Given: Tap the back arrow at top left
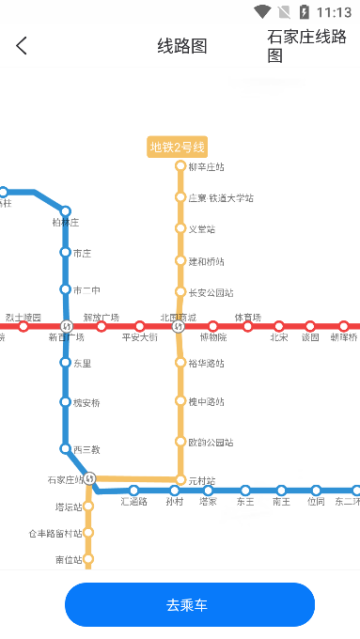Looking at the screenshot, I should tap(22, 45).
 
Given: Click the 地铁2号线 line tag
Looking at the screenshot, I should tap(178, 147).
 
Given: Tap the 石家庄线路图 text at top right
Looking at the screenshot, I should tap(307, 45).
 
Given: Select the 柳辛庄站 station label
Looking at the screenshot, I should tap(206, 167).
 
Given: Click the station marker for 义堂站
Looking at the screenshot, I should tap(180, 228).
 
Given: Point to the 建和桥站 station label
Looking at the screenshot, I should tap(206, 261).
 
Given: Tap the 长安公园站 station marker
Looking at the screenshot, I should tap(180, 292).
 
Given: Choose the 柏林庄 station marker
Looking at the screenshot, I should tap(66, 211).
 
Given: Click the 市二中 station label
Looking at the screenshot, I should tap(86, 289).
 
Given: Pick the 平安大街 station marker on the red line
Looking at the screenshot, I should tap(140, 327).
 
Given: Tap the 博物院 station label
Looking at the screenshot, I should tap(213, 337).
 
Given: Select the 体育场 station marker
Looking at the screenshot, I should tap(247, 327).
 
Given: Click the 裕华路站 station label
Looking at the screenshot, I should tap(206, 363).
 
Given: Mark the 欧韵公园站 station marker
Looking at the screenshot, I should tap(180, 442).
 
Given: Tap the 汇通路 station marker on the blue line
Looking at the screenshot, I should tap(134, 491).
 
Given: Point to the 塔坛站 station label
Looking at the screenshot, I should tap(69, 507).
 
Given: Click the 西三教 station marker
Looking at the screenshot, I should tap(66, 449).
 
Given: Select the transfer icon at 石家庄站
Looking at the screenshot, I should tap(90, 478).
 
